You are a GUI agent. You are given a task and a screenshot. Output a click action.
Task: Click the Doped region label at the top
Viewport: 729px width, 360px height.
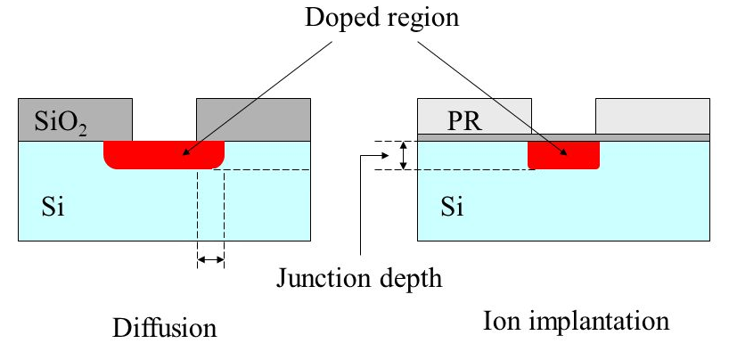[x=381, y=19]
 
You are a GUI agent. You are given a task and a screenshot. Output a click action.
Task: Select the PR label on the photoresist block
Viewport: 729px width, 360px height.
[x=464, y=121]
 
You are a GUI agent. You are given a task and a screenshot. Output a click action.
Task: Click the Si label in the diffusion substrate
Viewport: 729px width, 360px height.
[x=53, y=208]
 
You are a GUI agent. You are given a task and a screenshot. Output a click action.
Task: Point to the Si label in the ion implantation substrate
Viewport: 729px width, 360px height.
[x=452, y=208]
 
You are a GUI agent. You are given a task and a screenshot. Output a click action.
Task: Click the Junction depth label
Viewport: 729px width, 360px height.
[x=358, y=278]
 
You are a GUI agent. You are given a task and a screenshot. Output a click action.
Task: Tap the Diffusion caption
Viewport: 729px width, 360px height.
[x=164, y=328]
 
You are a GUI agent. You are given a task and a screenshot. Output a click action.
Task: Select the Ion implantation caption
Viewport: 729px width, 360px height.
[x=576, y=322]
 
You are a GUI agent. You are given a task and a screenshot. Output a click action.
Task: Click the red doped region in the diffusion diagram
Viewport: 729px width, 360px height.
[x=164, y=154]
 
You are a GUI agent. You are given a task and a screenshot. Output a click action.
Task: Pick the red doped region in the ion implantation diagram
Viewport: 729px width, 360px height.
[x=563, y=155]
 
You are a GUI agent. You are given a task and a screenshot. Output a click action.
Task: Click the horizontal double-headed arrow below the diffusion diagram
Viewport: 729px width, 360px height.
[x=210, y=259]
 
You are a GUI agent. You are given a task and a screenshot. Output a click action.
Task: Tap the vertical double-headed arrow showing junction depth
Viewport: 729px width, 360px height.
[x=404, y=155]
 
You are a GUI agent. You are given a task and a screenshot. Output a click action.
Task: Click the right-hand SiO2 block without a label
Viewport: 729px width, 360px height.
[x=253, y=119]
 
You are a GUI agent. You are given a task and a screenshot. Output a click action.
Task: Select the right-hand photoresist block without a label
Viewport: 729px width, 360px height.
[x=652, y=116]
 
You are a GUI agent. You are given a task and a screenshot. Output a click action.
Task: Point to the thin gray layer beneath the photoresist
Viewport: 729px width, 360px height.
[x=563, y=138]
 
